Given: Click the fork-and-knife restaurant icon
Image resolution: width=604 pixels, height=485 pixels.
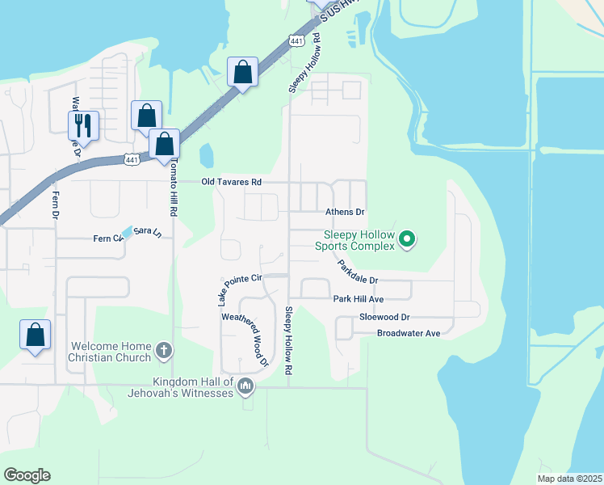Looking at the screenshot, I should coord(83,124).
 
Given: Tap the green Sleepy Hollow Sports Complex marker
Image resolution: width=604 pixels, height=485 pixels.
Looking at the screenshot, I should coord(408,239).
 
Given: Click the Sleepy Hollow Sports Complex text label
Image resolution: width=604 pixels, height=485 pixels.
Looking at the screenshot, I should coord(354,240).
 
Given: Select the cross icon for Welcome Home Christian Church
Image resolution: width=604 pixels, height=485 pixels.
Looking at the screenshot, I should coord(164,351).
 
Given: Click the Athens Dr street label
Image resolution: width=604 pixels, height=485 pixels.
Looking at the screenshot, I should coord(345,212).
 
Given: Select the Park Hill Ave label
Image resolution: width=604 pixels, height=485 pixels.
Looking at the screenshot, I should coord(358,299).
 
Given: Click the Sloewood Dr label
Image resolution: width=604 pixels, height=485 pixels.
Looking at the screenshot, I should coord(385,318).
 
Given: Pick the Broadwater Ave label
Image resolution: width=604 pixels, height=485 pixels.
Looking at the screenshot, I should coord(408,333).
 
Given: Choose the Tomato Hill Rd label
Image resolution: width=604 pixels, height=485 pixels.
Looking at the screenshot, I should coord(173,187).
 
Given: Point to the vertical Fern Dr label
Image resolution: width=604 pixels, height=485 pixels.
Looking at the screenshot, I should coord(56,205).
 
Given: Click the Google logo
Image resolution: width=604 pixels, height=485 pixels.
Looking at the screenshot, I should coord(27,475).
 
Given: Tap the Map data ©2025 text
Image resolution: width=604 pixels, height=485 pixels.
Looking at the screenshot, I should coord(569,479).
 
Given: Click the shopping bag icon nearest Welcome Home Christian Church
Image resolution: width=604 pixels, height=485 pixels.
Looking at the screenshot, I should coord(35,335).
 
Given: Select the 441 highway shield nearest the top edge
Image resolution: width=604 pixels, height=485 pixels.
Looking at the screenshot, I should coord(298,40).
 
